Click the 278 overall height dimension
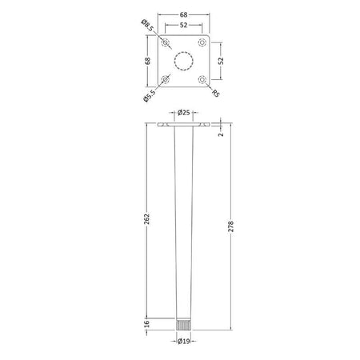231,226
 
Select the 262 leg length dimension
147,218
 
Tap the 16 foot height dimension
146,324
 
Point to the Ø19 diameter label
183,341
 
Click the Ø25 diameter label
184,113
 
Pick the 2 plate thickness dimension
221,134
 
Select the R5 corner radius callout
216,94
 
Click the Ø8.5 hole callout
147,26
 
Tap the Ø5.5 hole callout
149,96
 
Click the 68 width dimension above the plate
183,15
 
